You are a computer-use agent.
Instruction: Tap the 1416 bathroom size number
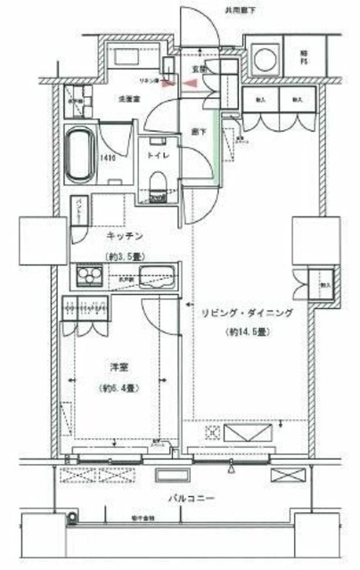[106, 161]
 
